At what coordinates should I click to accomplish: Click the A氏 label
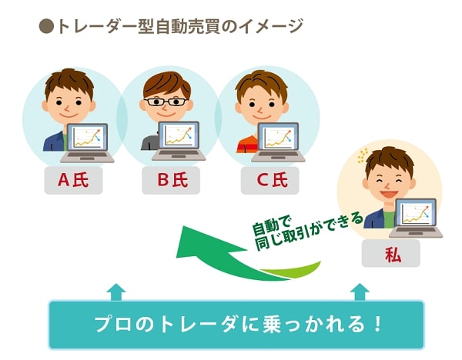pyautogui.click(x=73, y=180)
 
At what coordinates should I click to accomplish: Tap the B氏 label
pyautogui.click(x=171, y=180)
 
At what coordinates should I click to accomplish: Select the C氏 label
pyautogui.click(x=270, y=180)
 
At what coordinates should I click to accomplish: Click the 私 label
pyautogui.click(x=390, y=253)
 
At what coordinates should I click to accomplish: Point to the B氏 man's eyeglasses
pyautogui.click(x=166, y=102)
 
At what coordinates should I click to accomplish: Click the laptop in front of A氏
pyautogui.click(x=87, y=143)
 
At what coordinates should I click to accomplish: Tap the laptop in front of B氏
pyautogui.click(x=179, y=142)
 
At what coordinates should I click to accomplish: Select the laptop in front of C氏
pyautogui.click(x=278, y=142)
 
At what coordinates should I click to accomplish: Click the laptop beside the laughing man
pyautogui.click(x=416, y=218)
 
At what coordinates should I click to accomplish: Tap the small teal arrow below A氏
pyautogui.click(x=116, y=292)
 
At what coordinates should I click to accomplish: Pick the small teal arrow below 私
pyautogui.click(x=360, y=292)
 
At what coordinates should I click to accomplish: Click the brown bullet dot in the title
pyautogui.click(x=46, y=26)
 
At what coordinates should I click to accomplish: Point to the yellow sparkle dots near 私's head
pyautogui.click(x=363, y=155)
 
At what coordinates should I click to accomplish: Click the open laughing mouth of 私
pyautogui.click(x=388, y=193)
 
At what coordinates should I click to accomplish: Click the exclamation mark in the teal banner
pyautogui.click(x=377, y=324)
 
